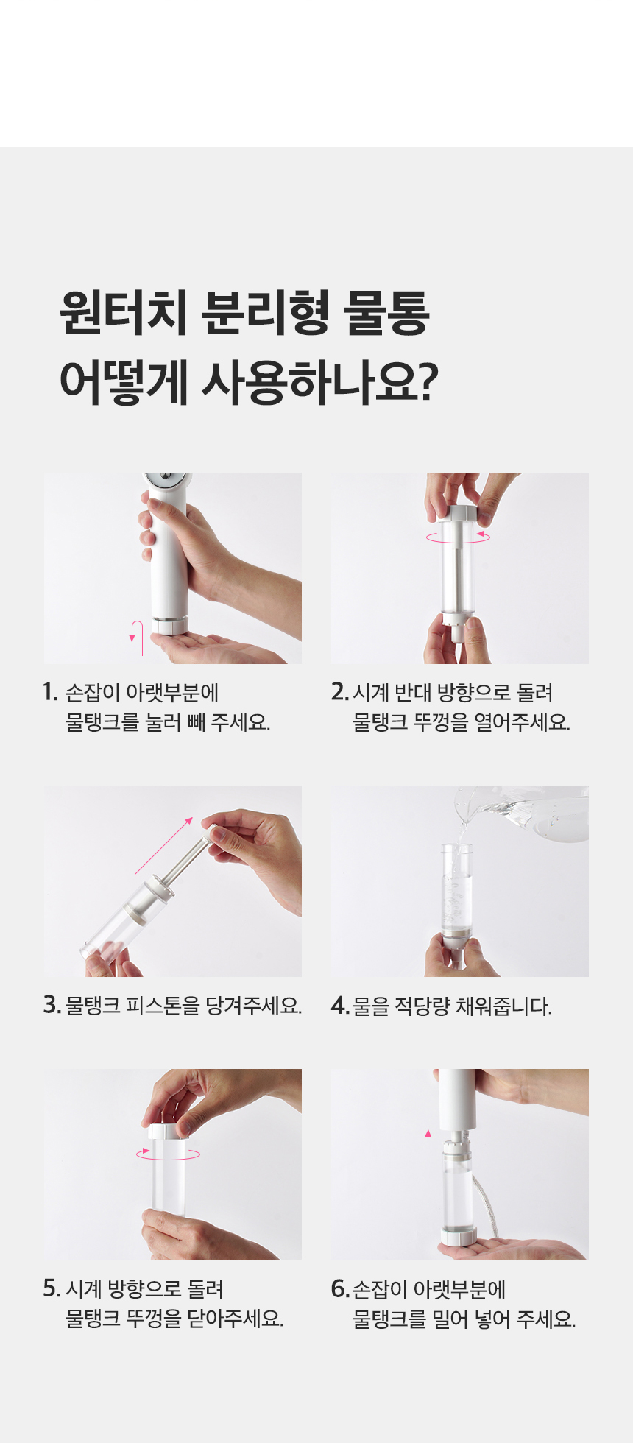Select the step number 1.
(49, 693)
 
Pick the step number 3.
(52, 1005)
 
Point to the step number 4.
(340, 1005)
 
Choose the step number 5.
(52, 1288)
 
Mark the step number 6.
(340, 1288)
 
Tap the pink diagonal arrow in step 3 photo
(164, 845)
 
